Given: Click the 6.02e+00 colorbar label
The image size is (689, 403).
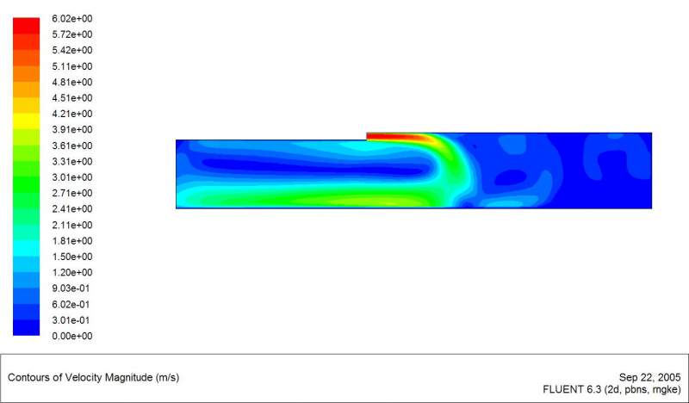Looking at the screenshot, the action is (72, 18).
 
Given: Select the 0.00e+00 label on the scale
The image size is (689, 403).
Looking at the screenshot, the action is (72, 336).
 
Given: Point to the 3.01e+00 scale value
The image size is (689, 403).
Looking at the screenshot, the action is (72, 177).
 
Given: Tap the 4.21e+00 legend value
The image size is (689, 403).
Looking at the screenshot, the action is (72, 114).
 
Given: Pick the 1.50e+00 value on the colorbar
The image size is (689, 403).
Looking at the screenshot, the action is (72, 257).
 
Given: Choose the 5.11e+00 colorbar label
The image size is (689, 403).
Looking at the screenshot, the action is (72, 66).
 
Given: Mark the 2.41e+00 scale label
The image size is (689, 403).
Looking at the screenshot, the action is (72, 209).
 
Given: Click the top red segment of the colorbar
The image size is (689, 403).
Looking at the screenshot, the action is (27, 26).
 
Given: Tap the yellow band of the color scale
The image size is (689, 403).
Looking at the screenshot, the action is (27, 121).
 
